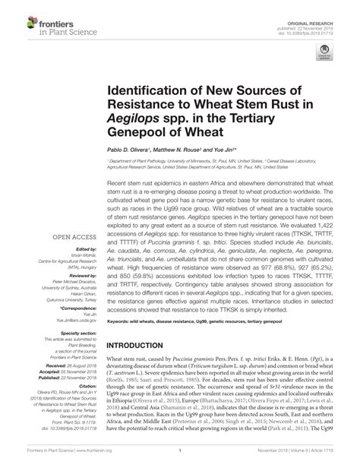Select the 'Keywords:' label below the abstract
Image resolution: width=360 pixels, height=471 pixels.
(118, 321)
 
